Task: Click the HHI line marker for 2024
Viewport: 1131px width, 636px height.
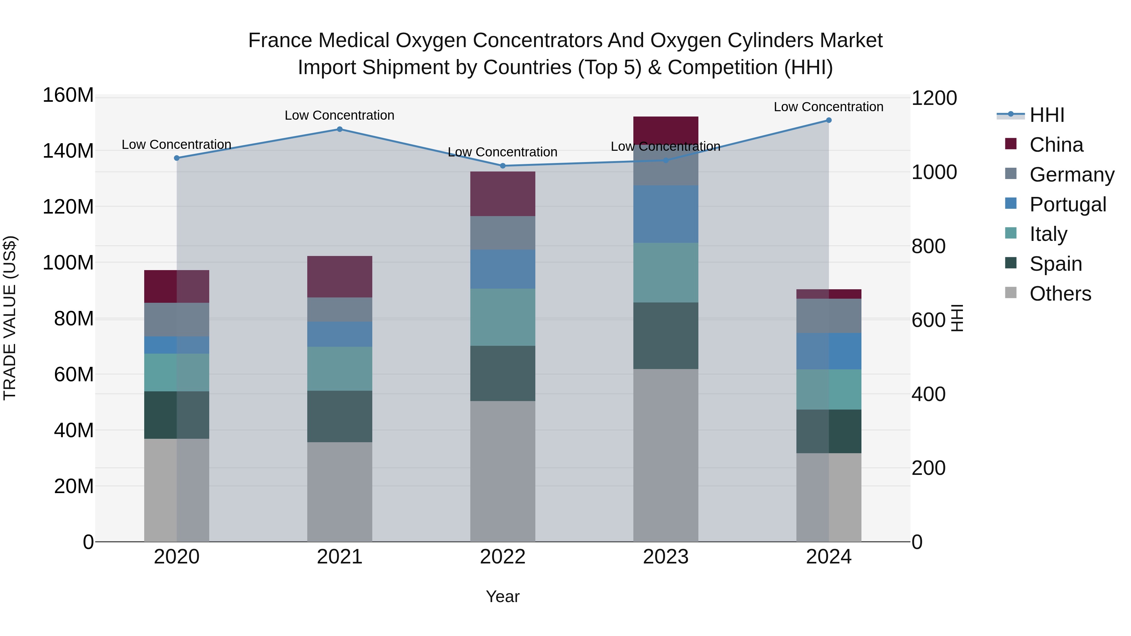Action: tap(828, 120)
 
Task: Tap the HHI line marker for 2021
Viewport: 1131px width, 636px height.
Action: tap(339, 129)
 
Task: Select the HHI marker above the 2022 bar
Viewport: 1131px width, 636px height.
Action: tap(503, 166)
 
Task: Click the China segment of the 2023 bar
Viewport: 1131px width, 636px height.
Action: tap(666, 130)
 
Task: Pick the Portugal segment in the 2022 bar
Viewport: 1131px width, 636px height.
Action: tap(503, 269)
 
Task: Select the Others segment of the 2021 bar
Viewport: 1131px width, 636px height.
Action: tap(339, 492)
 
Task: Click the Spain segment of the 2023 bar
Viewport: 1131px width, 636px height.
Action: tap(666, 336)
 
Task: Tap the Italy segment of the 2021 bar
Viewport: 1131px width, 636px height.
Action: tap(339, 369)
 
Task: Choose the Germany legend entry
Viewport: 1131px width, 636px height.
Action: tap(1072, 175)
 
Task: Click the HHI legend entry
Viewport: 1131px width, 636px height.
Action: tap(1047, 115)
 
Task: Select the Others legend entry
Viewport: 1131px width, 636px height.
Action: tap(1060, 294)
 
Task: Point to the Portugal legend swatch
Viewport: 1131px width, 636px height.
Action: tap(1011, 204)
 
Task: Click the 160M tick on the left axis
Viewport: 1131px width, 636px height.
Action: tap(68, 95)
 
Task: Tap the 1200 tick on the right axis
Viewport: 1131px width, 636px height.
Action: tap(934, 98)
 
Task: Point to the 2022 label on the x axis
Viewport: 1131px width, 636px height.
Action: tap(503, 557)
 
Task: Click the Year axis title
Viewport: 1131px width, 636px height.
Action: tap(503, 596)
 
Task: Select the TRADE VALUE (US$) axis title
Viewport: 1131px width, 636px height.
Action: tap(10, 318)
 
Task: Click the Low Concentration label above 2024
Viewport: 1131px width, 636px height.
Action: tap(828, 107)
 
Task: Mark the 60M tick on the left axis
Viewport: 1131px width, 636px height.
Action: tap(74, 374)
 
